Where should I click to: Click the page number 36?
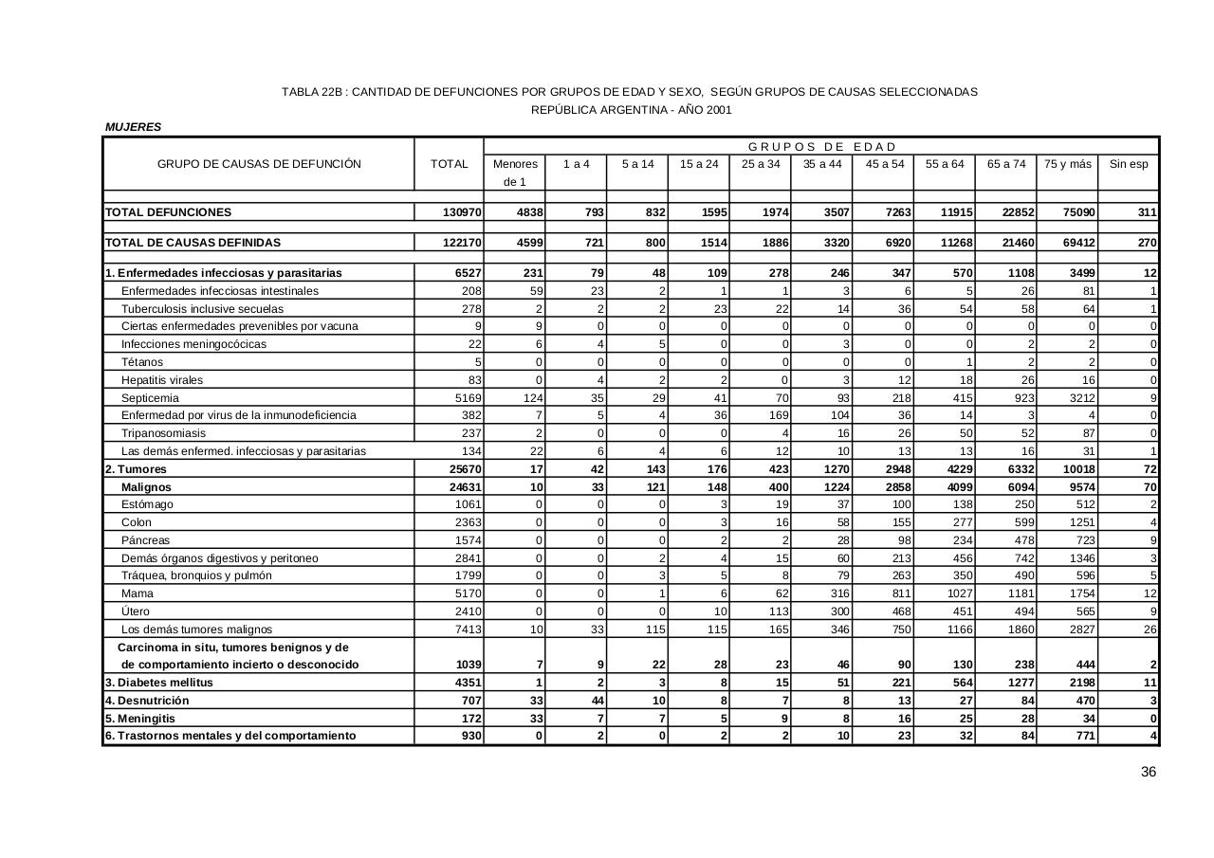1148,773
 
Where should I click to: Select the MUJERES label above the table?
134,127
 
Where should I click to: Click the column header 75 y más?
1068,164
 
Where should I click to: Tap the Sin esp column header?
1129,164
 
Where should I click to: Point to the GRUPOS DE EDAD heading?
821,147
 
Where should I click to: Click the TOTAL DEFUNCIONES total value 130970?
463,212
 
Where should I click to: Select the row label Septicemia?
150,398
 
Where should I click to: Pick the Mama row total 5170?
469,593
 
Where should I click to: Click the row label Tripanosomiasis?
163,433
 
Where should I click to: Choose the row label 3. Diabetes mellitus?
159,683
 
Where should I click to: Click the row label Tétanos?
142,362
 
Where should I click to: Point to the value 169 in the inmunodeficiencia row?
777,415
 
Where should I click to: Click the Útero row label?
136,612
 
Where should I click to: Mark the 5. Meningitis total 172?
471,719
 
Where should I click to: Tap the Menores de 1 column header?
515,172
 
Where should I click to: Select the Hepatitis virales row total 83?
474,380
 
